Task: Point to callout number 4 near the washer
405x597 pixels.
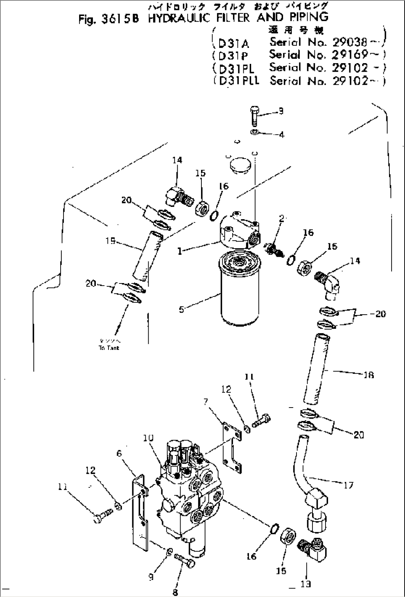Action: click(281, 134)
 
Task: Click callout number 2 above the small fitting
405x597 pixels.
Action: click(281, 218)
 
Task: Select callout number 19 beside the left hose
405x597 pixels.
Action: click(110, 241)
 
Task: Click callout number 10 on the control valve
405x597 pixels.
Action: click(148, 438)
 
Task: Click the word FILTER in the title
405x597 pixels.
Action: click(228, 17)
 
